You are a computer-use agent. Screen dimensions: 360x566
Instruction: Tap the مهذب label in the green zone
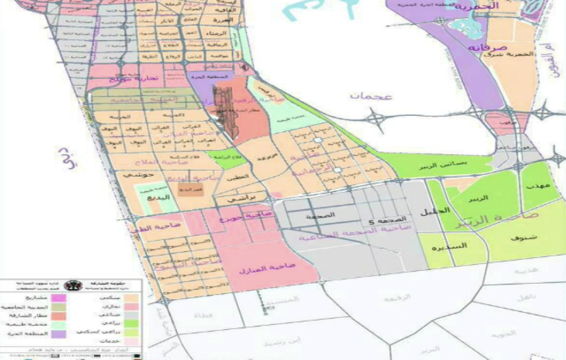click(534, 186)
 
